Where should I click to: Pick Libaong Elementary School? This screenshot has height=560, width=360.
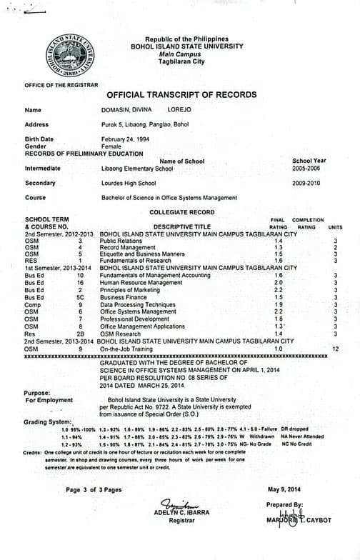pos(137,169)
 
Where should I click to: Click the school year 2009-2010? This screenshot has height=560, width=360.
pos(306,183)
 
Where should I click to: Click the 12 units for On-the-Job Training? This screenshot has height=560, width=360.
pos(335,349)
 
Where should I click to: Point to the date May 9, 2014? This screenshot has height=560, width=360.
pos(285,489)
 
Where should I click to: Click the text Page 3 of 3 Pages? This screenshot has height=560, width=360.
pos(94,489)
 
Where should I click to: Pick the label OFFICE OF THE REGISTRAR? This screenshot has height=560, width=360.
pos(61,85)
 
